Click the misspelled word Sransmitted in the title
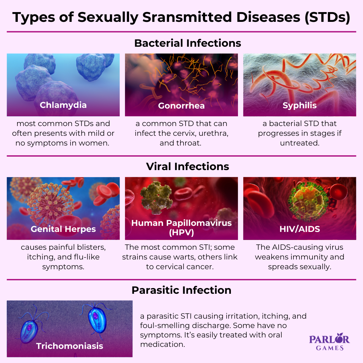[187, 17]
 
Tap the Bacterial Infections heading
[188, 43]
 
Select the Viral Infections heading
[188, 166]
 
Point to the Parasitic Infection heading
[182, 290]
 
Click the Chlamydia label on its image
[63, 105]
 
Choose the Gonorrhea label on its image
[182, 106]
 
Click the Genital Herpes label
[63, 229]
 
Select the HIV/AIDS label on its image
[299, 229]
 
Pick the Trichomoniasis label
[70, 346]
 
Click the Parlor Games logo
[329, 342]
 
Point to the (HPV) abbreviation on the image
[182, 233]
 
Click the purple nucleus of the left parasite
[29, 327]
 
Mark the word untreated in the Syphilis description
[299, 143]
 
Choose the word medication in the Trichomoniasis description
[163, 345]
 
